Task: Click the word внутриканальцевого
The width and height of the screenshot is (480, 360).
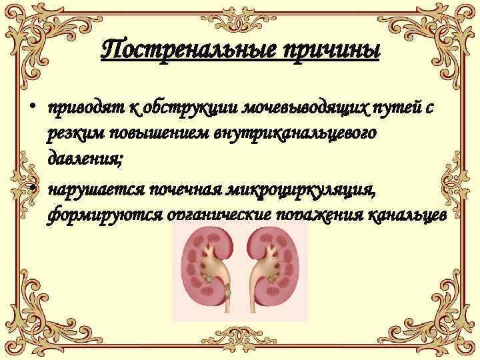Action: pos(300,133)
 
